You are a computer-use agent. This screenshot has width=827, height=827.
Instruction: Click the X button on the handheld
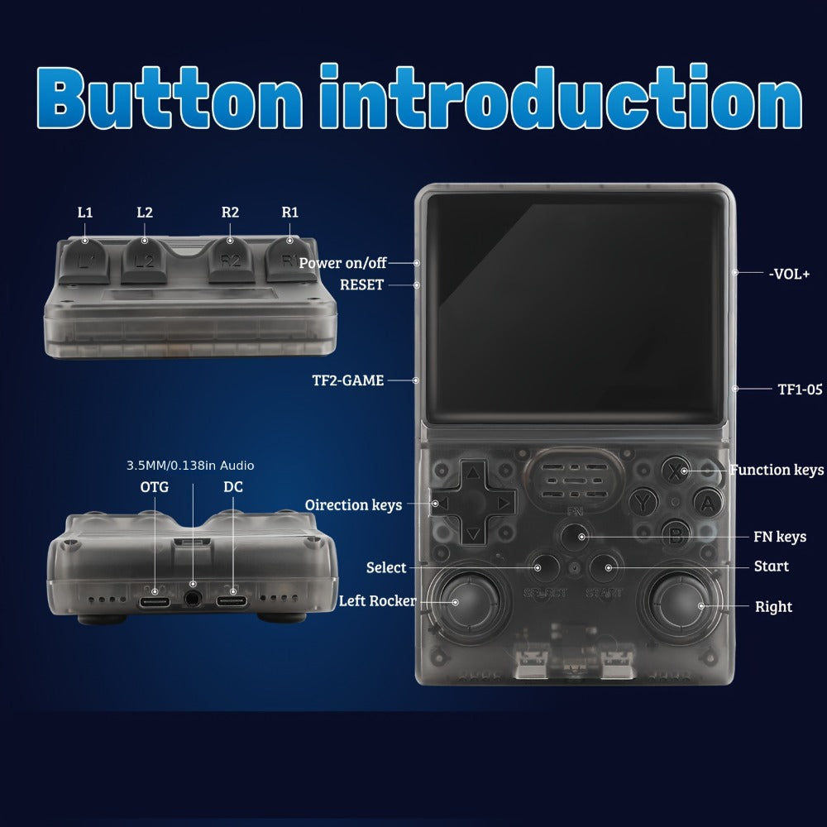(x=676, y=470)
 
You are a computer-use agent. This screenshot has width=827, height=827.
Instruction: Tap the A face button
(x=707, y=503)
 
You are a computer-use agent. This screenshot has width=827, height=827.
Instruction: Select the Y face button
(x=643, y=503)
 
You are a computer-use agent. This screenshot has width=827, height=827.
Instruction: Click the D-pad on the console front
(x=474, y=502)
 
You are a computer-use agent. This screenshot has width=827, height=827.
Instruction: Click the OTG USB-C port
(x=155, y=602)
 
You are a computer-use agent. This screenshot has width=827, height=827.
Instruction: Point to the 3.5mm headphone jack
(x=193, y=599)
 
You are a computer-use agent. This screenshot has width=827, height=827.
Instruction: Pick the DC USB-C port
(x=232, y=601)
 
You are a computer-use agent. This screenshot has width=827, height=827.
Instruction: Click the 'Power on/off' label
(x=343, y=263)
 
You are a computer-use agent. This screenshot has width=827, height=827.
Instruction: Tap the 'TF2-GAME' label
(x=348, y=380)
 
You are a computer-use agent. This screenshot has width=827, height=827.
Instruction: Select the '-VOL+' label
(x=789, y=274)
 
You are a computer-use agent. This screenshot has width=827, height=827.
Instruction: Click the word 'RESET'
(x=362, y=284)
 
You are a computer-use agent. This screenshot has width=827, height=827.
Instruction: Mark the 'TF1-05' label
(x=800, y=390)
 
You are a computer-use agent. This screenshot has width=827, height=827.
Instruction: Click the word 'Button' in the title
(x=170, y=98)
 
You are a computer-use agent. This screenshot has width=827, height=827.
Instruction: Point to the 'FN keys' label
(x=780, y=537)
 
